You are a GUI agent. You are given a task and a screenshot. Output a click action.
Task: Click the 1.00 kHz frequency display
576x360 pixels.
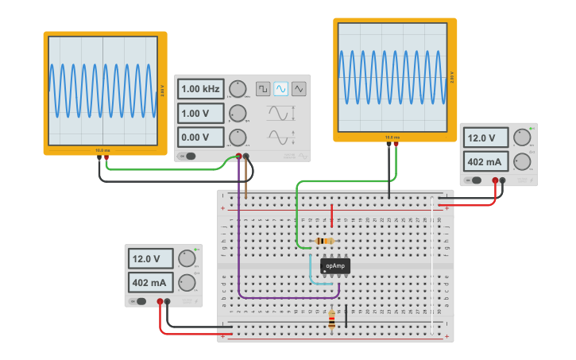(199, 89)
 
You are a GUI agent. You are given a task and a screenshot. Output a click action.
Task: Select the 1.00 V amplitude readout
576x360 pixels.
(199, 113)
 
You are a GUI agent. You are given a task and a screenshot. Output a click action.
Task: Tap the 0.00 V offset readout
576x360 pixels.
(199, 137)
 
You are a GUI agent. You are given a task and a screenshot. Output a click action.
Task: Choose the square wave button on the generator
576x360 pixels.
(263, 89)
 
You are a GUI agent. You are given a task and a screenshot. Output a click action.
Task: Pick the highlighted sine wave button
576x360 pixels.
(281, 89)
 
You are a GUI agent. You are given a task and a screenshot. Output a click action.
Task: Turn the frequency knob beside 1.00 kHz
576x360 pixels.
(238, 89)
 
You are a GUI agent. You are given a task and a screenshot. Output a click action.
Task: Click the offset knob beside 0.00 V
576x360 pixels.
(238, 137)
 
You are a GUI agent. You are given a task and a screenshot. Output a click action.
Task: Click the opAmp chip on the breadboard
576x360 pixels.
(335, 266)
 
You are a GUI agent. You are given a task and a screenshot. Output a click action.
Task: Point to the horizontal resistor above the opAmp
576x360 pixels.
(324, 241)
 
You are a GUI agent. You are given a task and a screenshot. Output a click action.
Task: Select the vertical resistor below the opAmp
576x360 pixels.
(331, 319)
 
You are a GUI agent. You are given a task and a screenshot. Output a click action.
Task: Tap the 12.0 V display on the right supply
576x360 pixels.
(485, 137)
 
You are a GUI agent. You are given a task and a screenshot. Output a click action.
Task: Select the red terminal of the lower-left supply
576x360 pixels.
(160, 301)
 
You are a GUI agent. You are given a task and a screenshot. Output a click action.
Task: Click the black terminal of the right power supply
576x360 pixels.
(503, 180)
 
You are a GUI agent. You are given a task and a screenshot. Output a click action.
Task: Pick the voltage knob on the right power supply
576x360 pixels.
(522, 137)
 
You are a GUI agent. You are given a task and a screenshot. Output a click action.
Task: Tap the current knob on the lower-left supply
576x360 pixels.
(187, 282)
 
